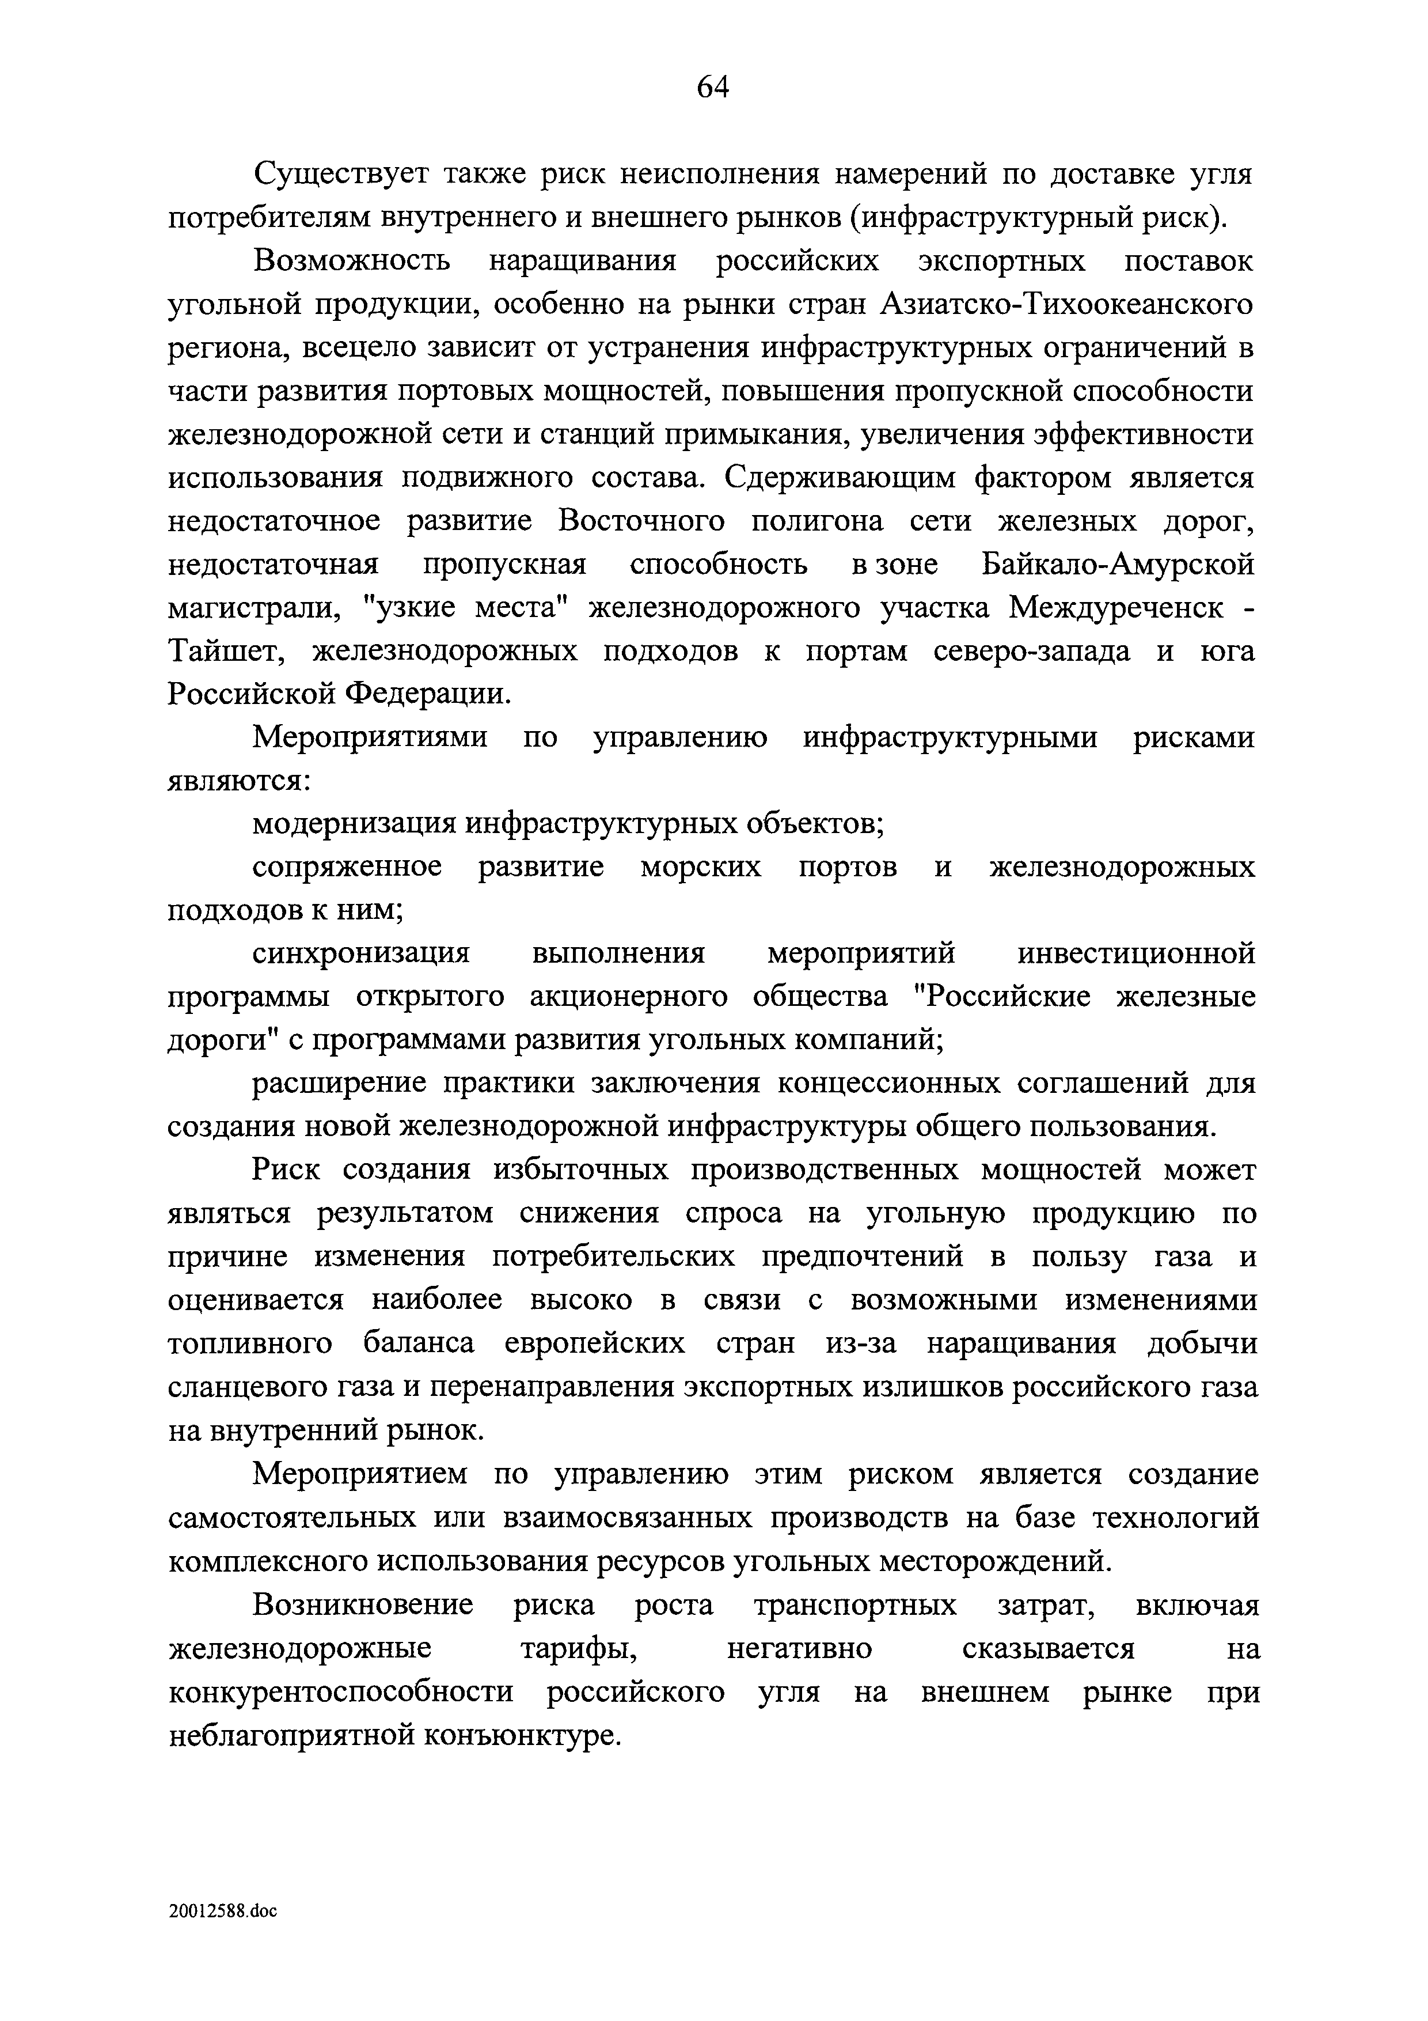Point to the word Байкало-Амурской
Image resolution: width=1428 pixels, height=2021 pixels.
[1118, 564]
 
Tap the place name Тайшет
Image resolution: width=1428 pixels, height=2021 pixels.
[228, 652]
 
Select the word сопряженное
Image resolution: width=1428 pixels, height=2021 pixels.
[348, 868]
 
